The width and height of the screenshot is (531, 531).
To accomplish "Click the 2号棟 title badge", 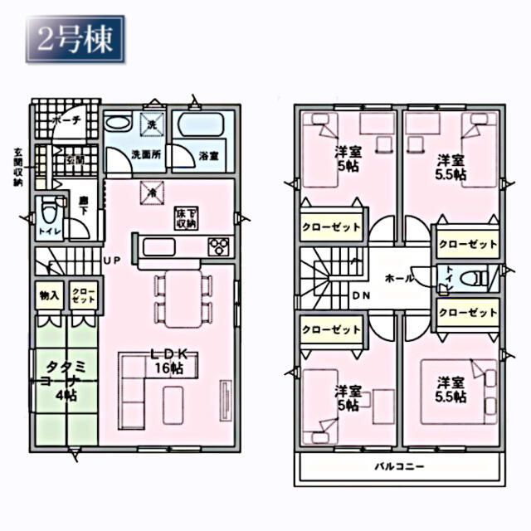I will (x=76, y=39).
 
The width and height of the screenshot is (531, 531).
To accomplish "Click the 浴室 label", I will (x=209, y=154).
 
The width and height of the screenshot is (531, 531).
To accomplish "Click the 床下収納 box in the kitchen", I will (x=185, y=218).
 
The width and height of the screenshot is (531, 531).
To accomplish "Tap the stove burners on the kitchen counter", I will (x=220, y=246).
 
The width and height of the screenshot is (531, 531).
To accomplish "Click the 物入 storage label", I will (x=48, y=295).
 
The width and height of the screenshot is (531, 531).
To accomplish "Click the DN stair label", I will (x=360, y=295).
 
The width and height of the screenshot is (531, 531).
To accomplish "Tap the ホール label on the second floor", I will (x=399, y=280).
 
